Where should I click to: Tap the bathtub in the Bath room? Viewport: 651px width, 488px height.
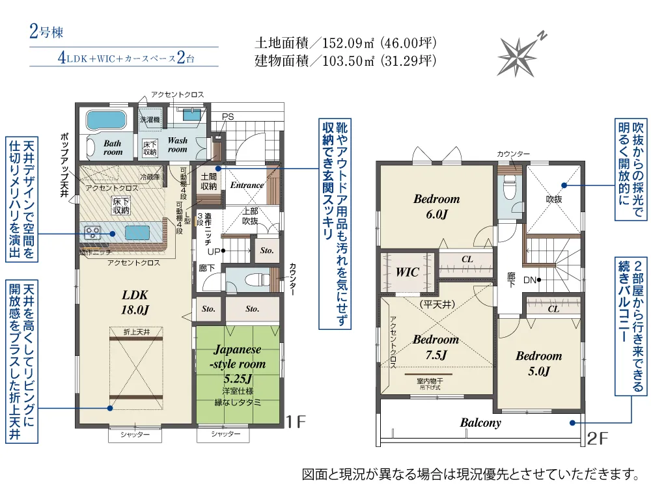tap(104, 120)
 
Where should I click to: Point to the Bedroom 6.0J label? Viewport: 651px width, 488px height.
tap(436, 206)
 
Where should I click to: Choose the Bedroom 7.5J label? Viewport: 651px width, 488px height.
tap(436, 347)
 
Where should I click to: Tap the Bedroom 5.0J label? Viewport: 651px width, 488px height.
tap(538, 363)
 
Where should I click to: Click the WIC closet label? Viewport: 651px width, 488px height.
tap(408, 273)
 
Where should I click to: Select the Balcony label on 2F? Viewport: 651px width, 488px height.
tap(480, 423)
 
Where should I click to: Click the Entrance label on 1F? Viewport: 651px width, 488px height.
tap(247, 185)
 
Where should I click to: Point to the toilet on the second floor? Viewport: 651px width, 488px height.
tap(509, 187)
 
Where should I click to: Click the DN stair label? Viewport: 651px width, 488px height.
tap(530, 280)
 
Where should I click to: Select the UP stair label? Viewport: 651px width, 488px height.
tap(214, 251)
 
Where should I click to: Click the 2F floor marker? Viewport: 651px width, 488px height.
tap(598, 440)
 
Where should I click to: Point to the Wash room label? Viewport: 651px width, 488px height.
tap(177, 144)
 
